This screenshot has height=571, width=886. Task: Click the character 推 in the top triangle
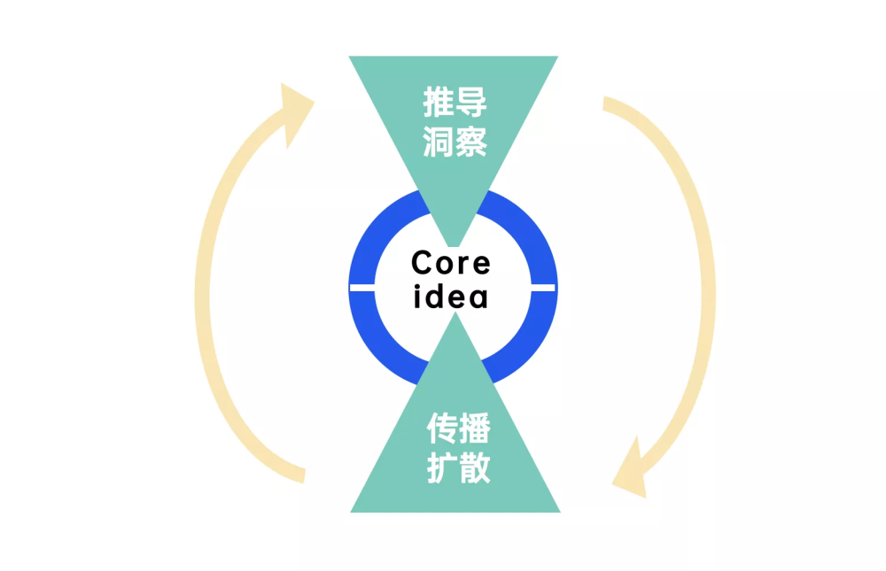[439, 102]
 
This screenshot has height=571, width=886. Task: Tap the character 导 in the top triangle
[471, 102]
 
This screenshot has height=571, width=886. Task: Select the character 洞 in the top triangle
[439, 141]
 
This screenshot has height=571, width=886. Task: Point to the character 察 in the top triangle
[471, 141]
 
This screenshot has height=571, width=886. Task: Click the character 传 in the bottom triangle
[442, 428]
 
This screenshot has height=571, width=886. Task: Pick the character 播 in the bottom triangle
[475, 428]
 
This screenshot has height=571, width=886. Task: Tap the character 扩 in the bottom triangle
[442, 467]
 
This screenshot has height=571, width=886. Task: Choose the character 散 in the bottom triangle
[475, 467]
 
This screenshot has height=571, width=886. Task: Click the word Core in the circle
[451, 263]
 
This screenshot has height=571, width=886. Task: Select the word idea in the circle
[450, 296]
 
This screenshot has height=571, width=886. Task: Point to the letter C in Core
[423, 263]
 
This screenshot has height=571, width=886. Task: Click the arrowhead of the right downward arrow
[631, 472]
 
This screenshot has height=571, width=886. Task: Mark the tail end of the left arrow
[303, 475]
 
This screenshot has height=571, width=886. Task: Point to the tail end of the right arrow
[604, 104]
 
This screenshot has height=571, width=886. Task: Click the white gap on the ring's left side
[362, 288]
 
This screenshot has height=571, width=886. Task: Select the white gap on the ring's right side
[543, 288]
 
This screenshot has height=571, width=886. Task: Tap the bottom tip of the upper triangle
[453, 246]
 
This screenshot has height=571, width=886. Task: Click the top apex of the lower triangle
[455, 313]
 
